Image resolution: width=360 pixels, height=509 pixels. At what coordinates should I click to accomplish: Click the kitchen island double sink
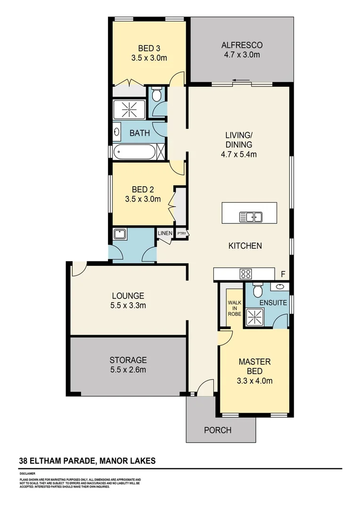(251, 217)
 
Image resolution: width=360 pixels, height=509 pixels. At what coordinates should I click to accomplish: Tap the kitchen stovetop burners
(245, 274)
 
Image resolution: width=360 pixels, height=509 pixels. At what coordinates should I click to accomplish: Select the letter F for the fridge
(283, 274)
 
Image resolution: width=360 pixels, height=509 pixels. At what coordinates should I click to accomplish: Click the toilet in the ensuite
(257, 288)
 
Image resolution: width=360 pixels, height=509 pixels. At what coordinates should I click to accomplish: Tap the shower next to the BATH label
(129, 110)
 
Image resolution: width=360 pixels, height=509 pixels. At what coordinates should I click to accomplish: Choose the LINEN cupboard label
(165, 233)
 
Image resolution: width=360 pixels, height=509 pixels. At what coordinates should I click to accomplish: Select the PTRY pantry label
(181, 233)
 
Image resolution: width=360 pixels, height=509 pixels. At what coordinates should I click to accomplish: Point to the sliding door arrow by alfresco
(241, 81)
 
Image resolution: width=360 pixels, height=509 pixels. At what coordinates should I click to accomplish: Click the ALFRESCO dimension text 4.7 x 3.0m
(242, 55)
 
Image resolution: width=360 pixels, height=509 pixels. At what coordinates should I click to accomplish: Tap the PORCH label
(217, 430)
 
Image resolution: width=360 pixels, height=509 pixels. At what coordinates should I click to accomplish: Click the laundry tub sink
(119, 233)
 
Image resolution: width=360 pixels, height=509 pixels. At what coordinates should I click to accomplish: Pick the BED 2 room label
(143, 189)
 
